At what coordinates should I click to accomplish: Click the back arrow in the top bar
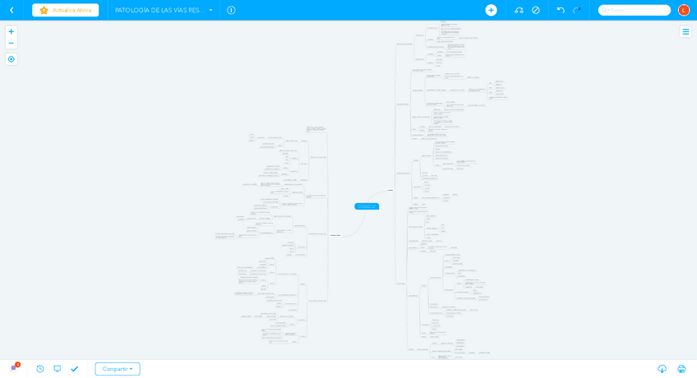tap(12, 10)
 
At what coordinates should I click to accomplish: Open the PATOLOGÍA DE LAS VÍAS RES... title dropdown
tap(164, 10)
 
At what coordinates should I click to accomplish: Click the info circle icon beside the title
tap(231, 10)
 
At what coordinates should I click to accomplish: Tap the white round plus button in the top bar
tap(491, 10)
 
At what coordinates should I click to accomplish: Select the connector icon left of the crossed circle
tap(519, 10)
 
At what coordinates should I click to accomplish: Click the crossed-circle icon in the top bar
tap(536, 10)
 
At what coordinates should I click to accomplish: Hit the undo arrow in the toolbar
tap(561, 10)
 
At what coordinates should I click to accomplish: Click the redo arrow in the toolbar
tap(577, 10)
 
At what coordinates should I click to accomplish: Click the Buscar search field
tap(635, 10)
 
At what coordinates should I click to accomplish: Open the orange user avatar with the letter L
tap(684, 10)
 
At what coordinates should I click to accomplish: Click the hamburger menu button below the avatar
tap(685, 31)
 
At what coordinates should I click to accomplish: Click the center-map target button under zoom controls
tap(11, 59)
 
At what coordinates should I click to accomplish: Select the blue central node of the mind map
tap(367, 206)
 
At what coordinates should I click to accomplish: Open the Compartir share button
tap(118, 369)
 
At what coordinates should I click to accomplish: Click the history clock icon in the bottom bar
tap(39, 369)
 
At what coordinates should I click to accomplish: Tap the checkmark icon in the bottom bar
tap(75, 369)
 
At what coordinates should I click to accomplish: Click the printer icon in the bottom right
tap(681, 369)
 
